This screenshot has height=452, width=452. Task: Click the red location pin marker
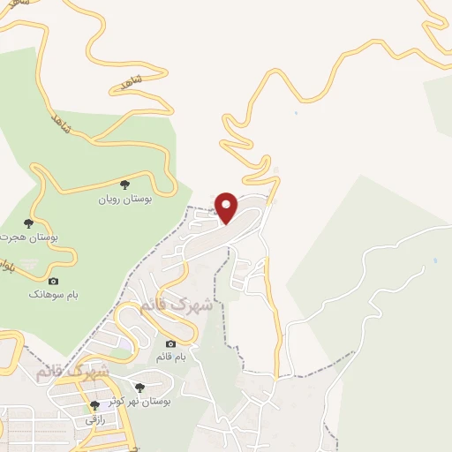pos(227,207)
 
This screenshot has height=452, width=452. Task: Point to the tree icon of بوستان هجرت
pos(28,222)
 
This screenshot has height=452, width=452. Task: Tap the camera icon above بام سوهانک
pos(53,280)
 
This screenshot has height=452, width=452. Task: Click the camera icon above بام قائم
pos(170,343)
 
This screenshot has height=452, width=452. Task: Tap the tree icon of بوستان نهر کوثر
pos(139,387)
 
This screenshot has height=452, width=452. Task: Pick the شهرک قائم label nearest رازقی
pos(73,371)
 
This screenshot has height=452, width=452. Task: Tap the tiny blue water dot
pos(435,261)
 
